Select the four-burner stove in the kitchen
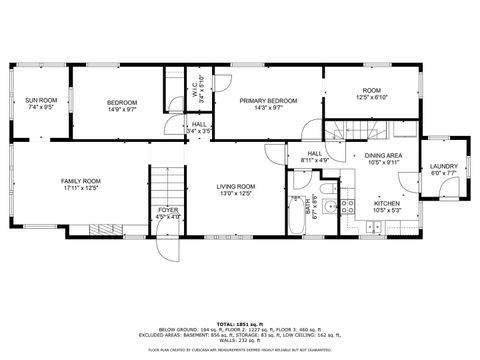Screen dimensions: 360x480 [x=347, y=208]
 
